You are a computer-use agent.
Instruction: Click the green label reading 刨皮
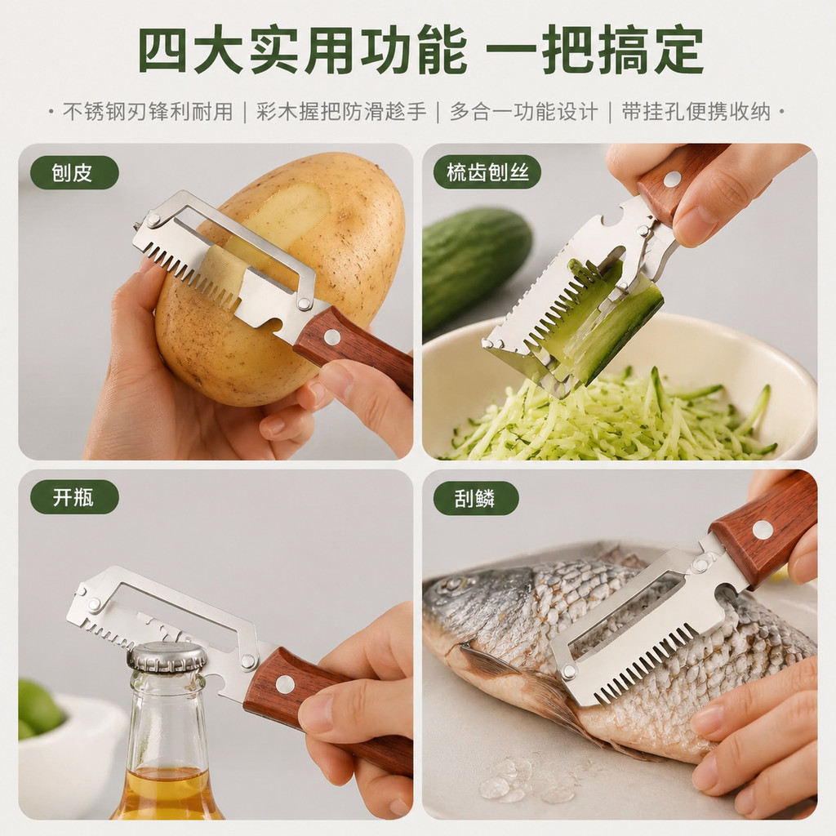pos(74,173)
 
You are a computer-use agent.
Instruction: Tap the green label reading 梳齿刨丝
pos(487,173)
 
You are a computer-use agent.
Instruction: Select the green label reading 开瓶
pos(74,497)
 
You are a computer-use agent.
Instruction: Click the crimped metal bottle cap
pos(167,657)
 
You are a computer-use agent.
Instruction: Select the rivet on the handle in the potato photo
pos(332,337)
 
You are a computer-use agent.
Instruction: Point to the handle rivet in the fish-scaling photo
pos(763,529)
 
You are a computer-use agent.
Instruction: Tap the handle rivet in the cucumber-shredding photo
pos(673,179)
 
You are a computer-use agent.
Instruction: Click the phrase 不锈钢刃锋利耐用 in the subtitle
pos(149,112)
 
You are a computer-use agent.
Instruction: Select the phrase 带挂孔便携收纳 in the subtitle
pos(696,112)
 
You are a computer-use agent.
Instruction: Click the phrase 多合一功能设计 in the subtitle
pos(523,112)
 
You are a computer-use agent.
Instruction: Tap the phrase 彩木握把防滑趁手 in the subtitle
pos(341,112)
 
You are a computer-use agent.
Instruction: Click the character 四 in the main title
pos(163,50)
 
